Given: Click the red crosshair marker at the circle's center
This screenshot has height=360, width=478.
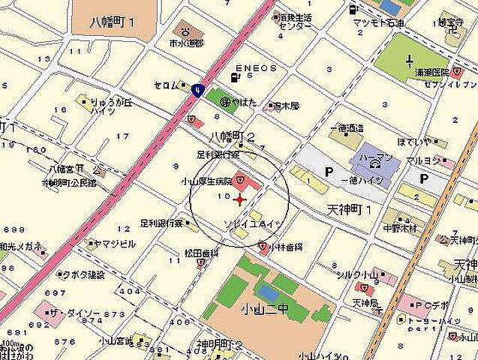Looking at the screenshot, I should coord(239,199).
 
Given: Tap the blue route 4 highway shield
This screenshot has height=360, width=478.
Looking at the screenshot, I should coord(197,89).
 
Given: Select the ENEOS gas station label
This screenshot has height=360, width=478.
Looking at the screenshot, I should coord(256,68).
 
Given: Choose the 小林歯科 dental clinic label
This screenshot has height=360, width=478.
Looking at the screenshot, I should coord(286,245).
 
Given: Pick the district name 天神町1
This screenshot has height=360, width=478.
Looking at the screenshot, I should coord(350,209).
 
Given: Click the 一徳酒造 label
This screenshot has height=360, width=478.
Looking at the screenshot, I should coord(346,128).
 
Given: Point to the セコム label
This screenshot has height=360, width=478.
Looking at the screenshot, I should coord(167,85).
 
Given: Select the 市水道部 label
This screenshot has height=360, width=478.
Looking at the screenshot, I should coord(186,43).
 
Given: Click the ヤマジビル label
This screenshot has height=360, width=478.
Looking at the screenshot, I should coord(113,244).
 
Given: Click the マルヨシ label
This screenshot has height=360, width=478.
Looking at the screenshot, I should coord(422,160).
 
